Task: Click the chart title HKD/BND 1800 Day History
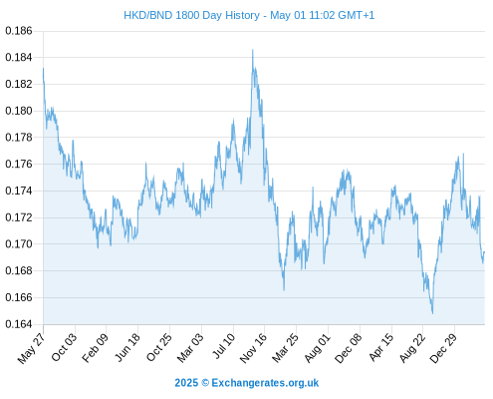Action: tap(191, 15)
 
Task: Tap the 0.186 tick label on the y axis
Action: tap(19, 31)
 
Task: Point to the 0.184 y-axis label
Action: tap(19, 58)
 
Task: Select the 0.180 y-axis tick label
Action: tap(19, 111)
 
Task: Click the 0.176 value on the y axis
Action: tap(19, 164)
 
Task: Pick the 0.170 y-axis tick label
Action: tap(19, 244)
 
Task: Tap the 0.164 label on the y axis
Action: tap(19, 324)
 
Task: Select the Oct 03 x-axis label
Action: tap(64, 346)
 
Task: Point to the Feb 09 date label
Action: tap(95, 347)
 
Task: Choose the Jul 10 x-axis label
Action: tap(224, 345)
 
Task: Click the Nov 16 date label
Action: tap(253, 347)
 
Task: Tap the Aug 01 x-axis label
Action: tap(318, 347)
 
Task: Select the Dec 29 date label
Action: tap(443, 347)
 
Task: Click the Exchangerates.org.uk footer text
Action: tap(265, 383)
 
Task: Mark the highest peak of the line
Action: tap(253, 50)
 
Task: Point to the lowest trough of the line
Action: tap(432, 313)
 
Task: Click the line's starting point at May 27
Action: tap(43, 69)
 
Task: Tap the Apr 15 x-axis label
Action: tap(380, 347)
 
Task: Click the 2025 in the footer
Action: tap(186, 383)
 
